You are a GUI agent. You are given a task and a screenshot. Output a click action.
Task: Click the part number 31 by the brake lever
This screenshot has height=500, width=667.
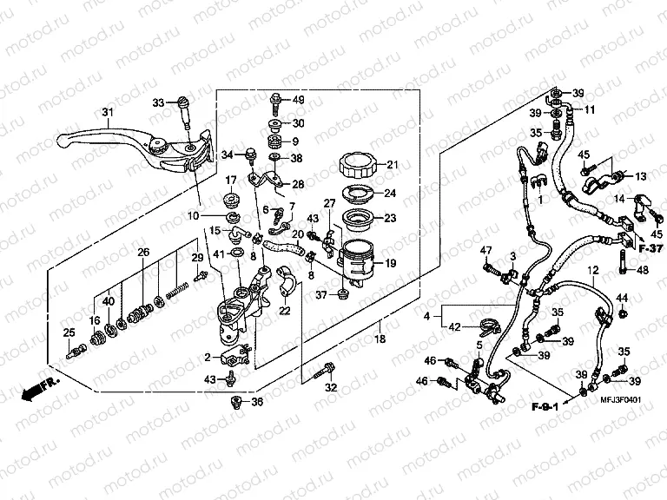(x=108, y=112)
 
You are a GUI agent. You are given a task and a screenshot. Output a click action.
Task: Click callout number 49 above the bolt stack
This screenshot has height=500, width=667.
(x=298, y=100)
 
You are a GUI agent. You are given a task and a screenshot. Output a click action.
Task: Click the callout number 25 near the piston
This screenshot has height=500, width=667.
(x=69, y=332)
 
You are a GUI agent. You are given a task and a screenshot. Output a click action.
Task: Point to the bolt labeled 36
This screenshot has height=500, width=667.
(x=236, y=403)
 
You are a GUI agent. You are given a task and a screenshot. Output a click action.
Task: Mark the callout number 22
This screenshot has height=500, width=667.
(x=284, y=311)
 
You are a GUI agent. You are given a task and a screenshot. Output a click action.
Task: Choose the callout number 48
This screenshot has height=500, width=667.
(x=642, y=270)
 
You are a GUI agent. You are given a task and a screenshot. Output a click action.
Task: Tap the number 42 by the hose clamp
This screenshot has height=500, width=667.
(x=456, y=328)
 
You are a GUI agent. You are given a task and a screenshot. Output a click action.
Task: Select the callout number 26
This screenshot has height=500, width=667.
(x=144, y=252)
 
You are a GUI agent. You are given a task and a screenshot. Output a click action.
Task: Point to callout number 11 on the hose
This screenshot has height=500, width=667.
(x=589, y=110)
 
